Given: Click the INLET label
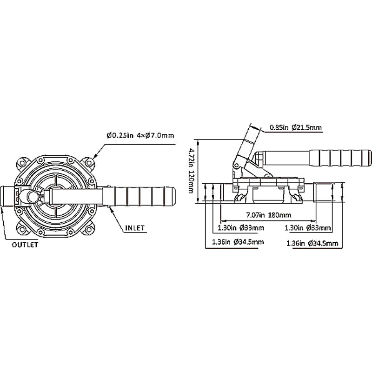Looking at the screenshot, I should click(x=135, y=228).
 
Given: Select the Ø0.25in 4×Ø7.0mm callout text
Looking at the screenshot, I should click(x=140, y=136).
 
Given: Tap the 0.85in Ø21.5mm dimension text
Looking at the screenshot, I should click(x=296, y=126).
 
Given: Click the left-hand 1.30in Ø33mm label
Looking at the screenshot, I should click(x=241, y=228).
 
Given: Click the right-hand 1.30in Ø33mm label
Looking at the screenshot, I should click(x=307, y=228).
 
